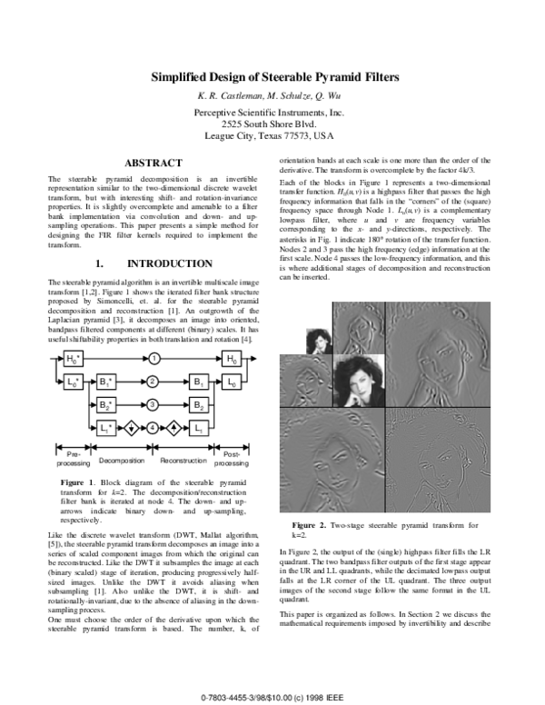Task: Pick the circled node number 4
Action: (154, 426)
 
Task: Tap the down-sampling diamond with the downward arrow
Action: (132, 426)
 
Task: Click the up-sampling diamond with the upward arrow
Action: (174, 426)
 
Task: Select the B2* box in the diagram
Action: (106, 403)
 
